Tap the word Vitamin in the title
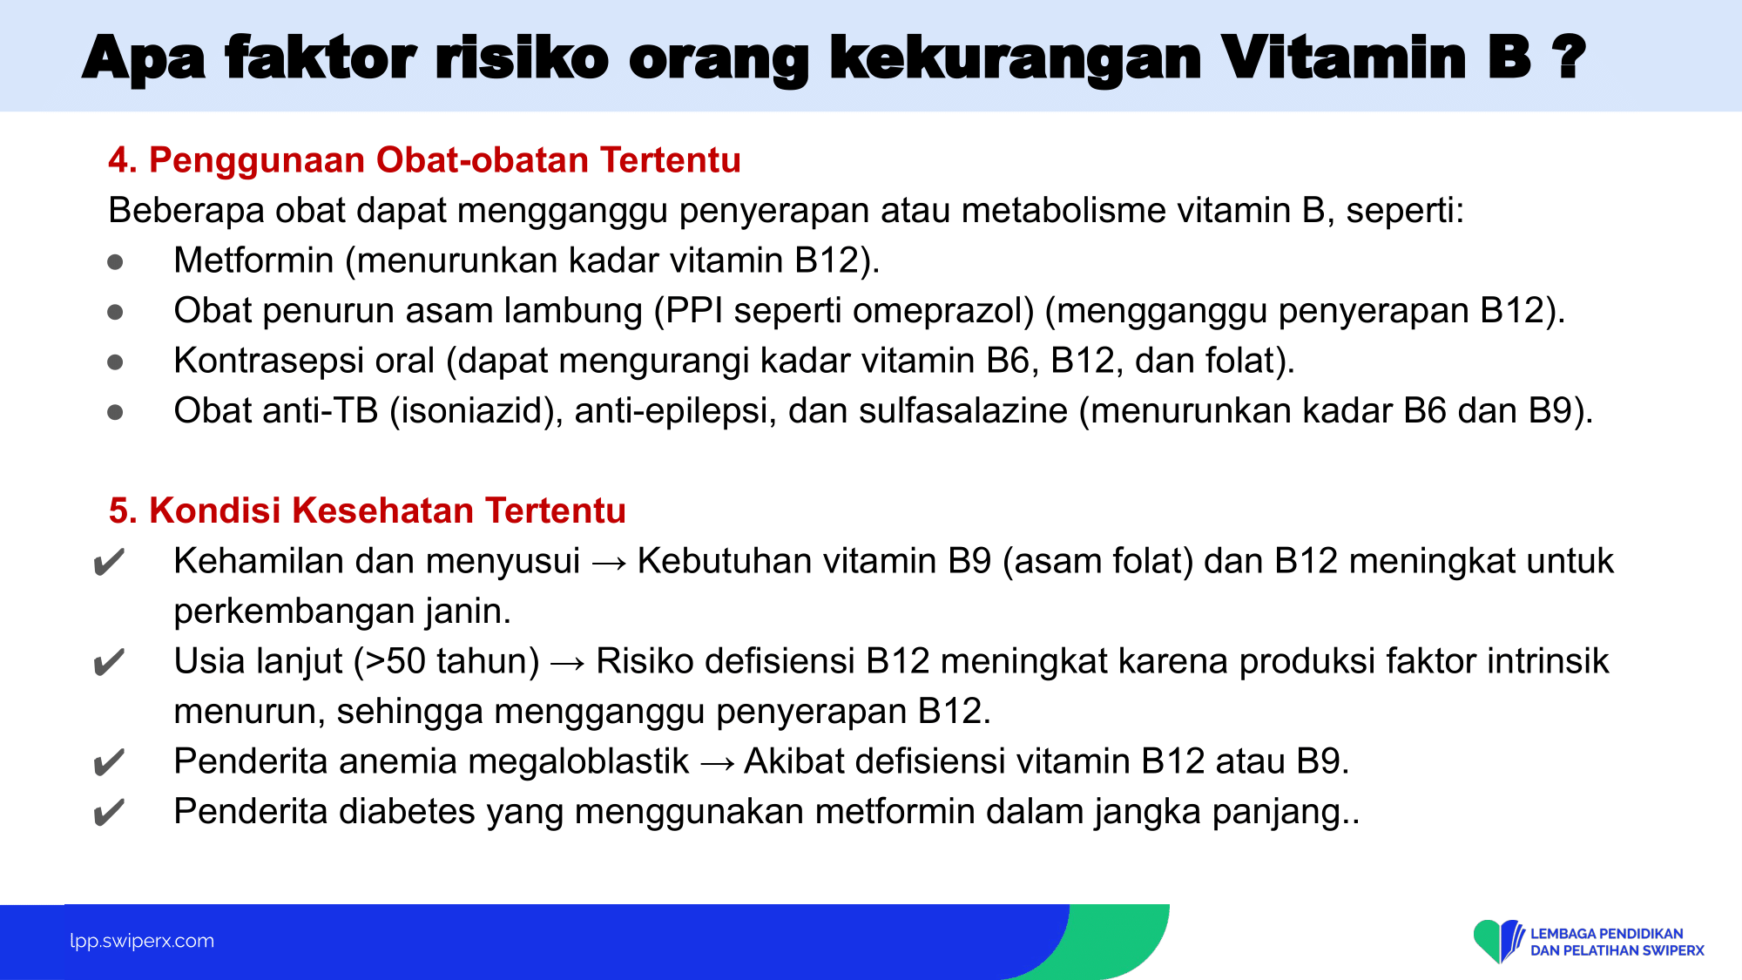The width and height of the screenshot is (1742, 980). point(1375,57)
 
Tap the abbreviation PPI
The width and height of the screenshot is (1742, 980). point(694,311)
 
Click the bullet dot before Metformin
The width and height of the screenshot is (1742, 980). point(115,261)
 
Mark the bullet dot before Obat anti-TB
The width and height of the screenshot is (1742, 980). point(115,411)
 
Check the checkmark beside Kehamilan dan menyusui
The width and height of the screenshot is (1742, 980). point(109,563)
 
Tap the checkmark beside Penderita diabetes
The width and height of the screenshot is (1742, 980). point(109,814)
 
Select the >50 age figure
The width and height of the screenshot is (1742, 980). point(395,661)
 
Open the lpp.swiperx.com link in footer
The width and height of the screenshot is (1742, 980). point(142,941)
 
